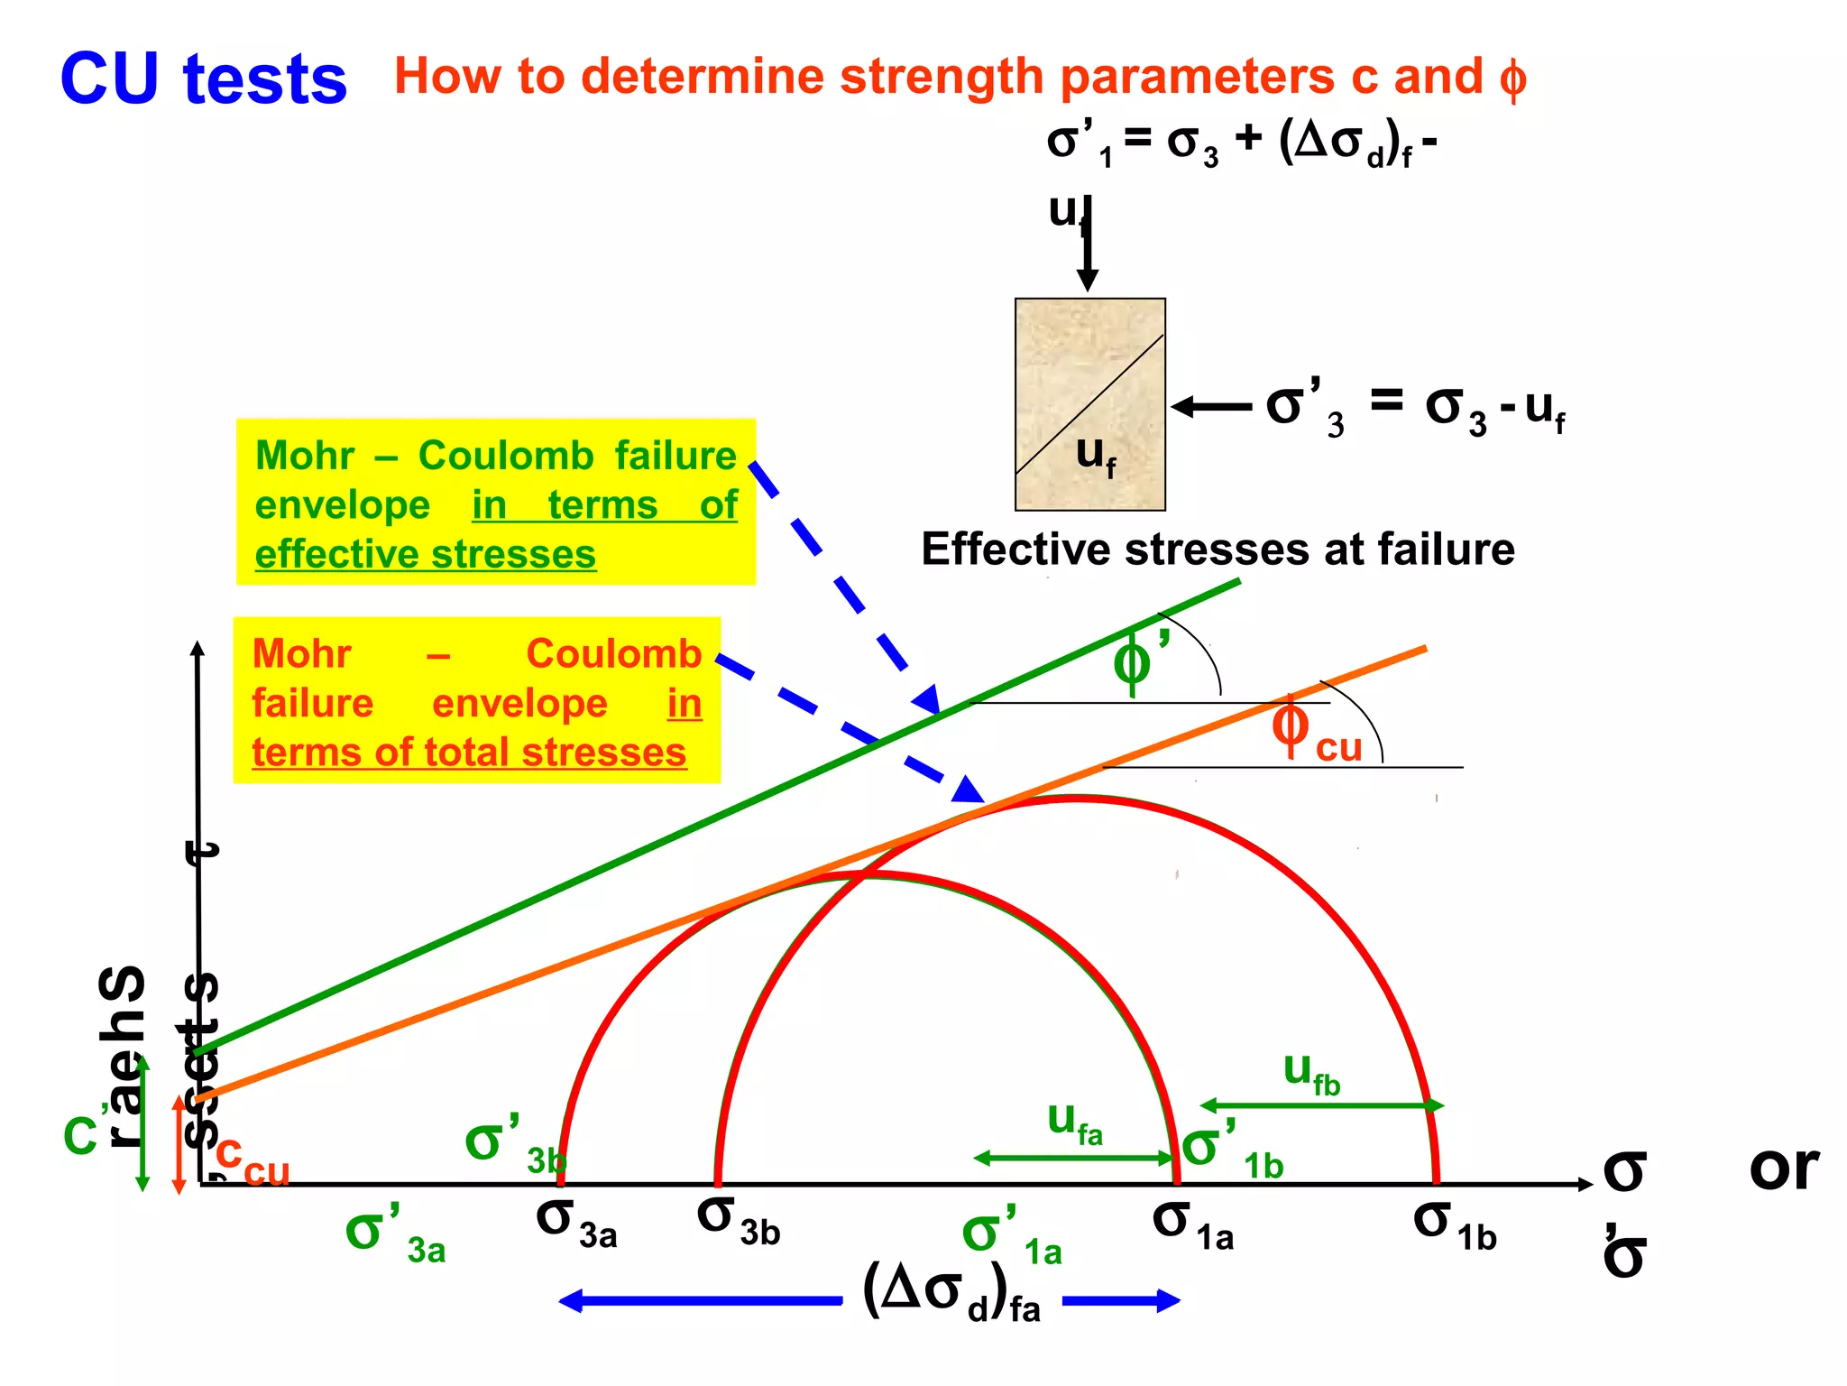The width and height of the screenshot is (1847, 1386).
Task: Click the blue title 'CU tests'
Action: pyautogui.click(x=203, y=79)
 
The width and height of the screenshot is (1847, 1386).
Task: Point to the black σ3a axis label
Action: pyautogui.click(x=576, y=1223)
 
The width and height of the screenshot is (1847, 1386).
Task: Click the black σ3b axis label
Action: pyautogui.click(x=738, y=1220)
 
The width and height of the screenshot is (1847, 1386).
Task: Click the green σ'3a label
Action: pyautogui.click(x=395, y=1236)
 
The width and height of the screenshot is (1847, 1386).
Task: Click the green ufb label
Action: pyautogui.click(x=1311, y=1074)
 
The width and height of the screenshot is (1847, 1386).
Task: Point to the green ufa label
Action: pyautogui.click(x=1074, y=1124)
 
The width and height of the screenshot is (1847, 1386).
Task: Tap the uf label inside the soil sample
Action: pyautogui.click(x=1095, y=455)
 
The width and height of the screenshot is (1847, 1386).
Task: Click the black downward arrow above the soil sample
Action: pyautogui.click(x=1088, y=253)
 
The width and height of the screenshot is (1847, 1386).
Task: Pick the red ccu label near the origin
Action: pyautogui.click(x=253, y=1160)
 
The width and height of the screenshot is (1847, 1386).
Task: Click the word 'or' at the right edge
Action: pyautogui.click(x=1783, y=1169)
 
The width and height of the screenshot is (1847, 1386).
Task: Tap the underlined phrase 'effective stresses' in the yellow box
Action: pyautogui.click(x=425, y=554)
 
